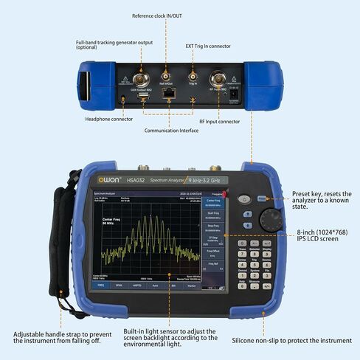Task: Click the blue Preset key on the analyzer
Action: click(x=263, y=198)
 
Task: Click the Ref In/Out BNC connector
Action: click(x=166, y=76)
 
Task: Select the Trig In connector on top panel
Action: click(x=193, y=76)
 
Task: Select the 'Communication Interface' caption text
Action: click(x=170, y=130)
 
